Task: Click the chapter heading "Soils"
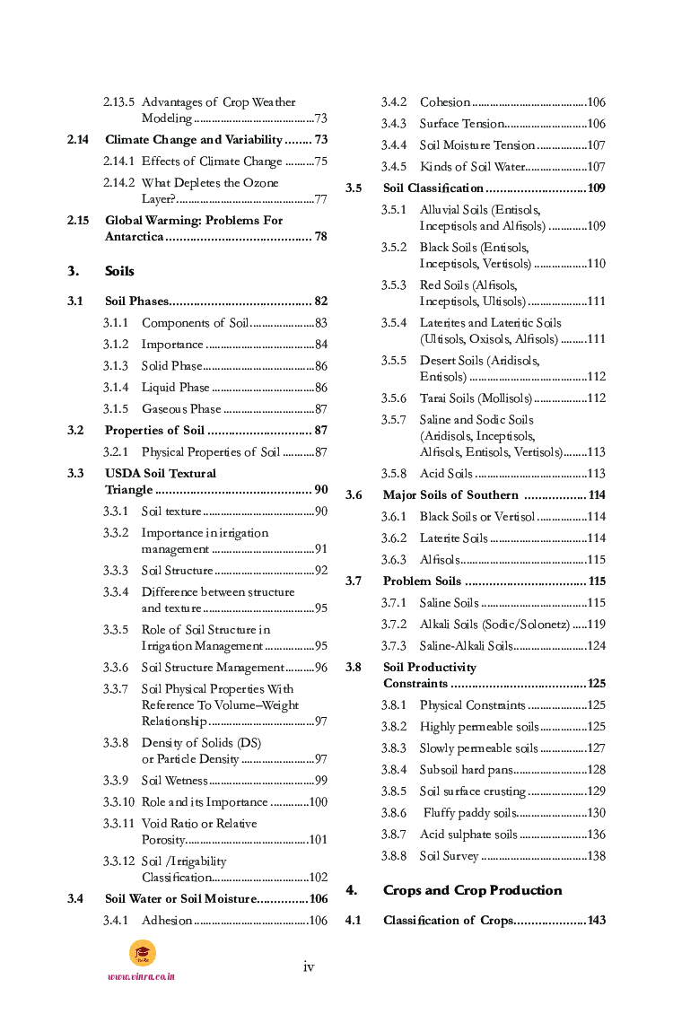click(119, 271)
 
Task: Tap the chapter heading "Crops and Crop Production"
click(472, 890)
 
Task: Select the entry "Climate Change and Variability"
click(193, 140)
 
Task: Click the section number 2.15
click(78, 221)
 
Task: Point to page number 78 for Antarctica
click(320, 237)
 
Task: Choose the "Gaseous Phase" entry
click(181, 409)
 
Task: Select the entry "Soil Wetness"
click(175, 781)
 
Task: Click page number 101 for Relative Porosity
click(317, 840)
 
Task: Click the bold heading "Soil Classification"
click(433, 188)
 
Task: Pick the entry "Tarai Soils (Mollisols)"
click(476, 398)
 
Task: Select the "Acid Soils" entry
click(446, 474)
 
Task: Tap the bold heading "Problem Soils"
click(422, 581)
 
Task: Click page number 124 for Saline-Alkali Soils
click(596, 646)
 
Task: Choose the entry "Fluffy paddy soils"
click(468, 813)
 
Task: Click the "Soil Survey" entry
click(450, 856)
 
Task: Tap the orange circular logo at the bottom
click(142, 952)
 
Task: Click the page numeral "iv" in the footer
click(309, 966)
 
